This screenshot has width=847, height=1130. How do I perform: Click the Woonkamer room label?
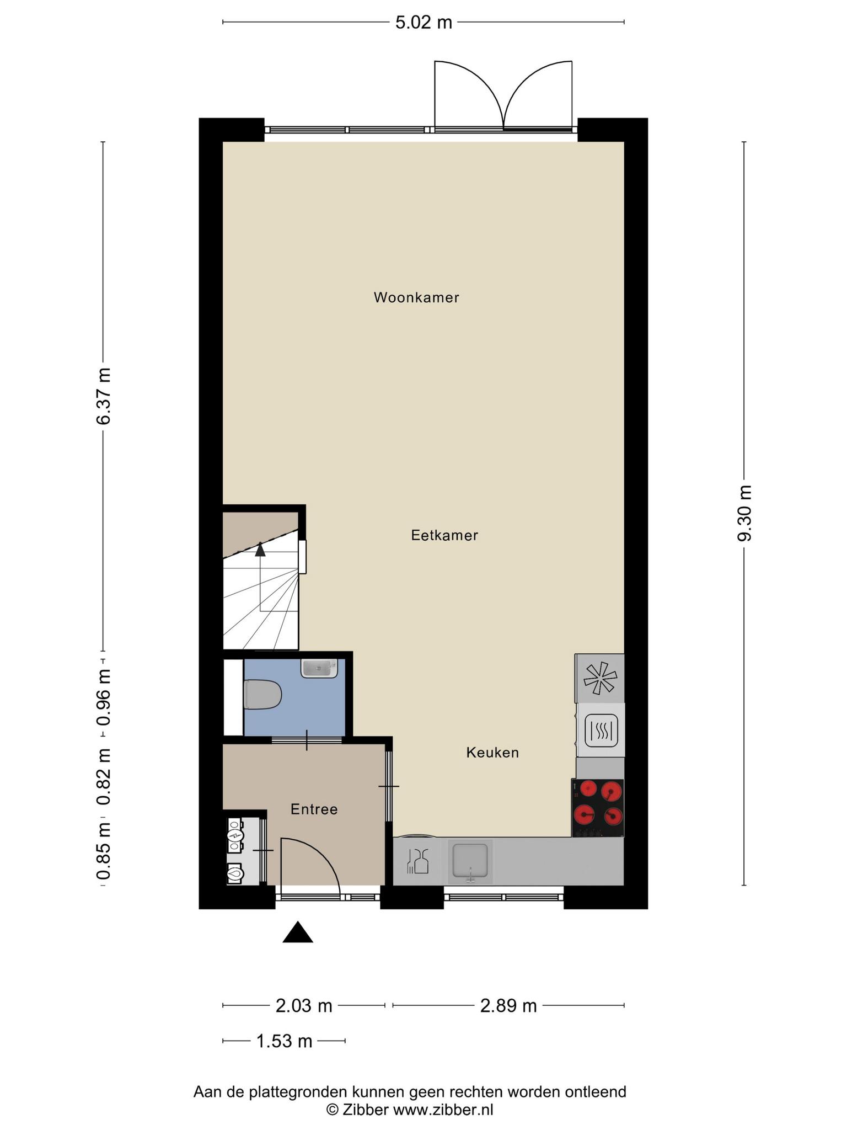click(x=416, y=297)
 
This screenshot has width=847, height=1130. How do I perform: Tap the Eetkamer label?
click(x=444, y=535)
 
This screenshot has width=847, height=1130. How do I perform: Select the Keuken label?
click(x=492, y=753)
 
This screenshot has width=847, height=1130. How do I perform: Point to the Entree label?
click(x=314, y=809)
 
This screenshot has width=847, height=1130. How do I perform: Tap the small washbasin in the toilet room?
click(x=319, y=668)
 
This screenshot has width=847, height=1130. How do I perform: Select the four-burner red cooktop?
click(x=598, y=808)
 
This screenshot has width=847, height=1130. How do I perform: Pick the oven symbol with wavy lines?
click(x=601, y=731)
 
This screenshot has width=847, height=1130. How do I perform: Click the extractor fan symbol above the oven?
click(x=600, y=678)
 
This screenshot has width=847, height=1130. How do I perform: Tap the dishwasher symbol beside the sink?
click(x=417, y=861)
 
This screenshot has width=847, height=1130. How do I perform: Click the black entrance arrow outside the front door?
click(x=298, y=932)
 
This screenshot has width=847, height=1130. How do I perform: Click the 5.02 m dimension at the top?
click(x=423, y=23)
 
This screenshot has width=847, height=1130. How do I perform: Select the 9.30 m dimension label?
click(x=744, y=514)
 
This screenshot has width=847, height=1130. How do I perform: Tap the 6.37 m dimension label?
click(x=103, y=396)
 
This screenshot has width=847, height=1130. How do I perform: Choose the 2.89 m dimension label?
click(x=508, y=1005)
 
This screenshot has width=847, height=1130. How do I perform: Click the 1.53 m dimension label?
click(x=285, y=1041)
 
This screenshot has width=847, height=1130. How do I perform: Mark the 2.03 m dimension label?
click(x=304, y=1005)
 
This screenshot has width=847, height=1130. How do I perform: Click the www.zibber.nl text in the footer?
click(x=443, y=1110)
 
